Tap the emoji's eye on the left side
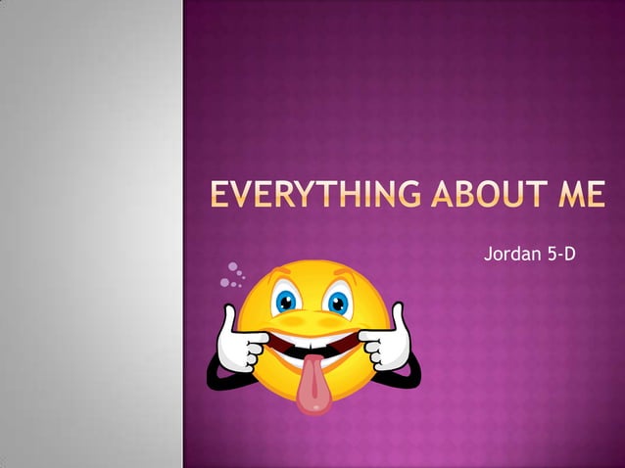pos(287,301)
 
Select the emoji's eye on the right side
pos(339,301)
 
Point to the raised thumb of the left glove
pos(229,319)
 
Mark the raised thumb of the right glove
pos(399,316)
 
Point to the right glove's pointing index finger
pos(369,337)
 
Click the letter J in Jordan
pos(489,255)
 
